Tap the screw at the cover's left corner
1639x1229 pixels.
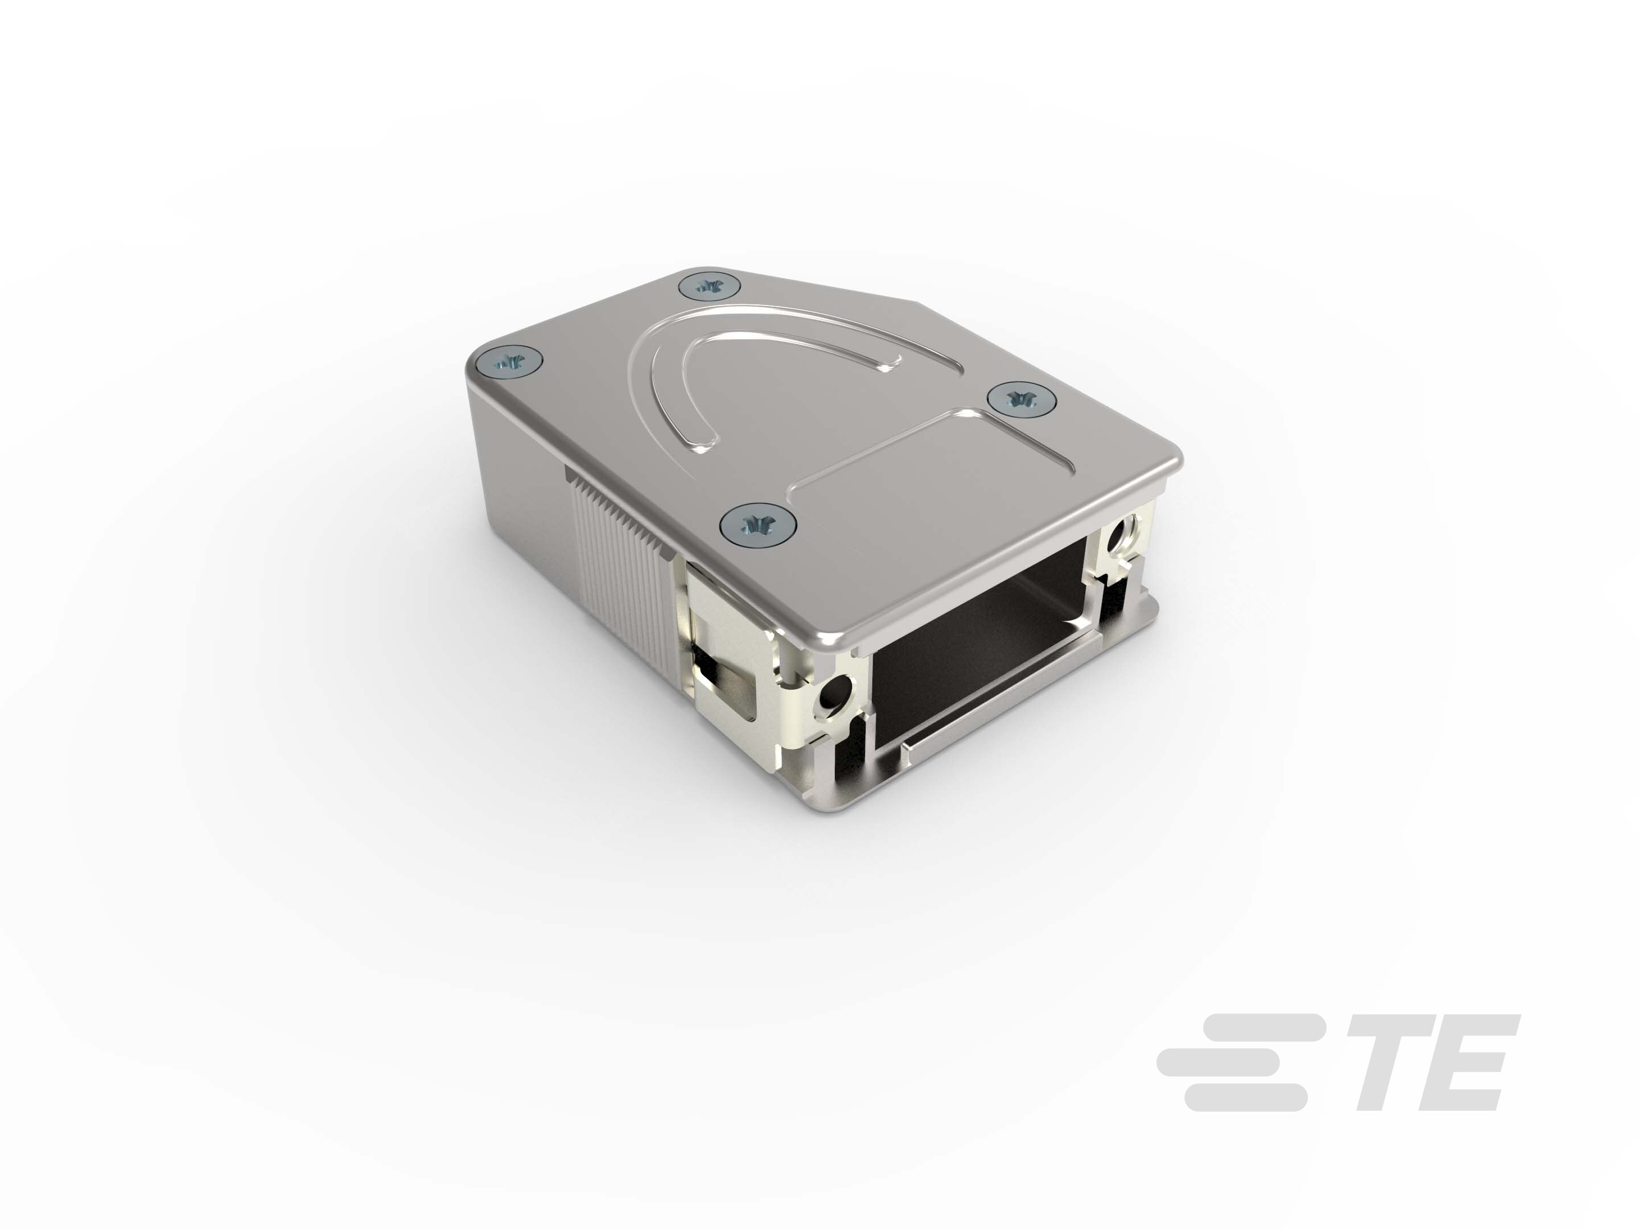(x=508, y=362)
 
